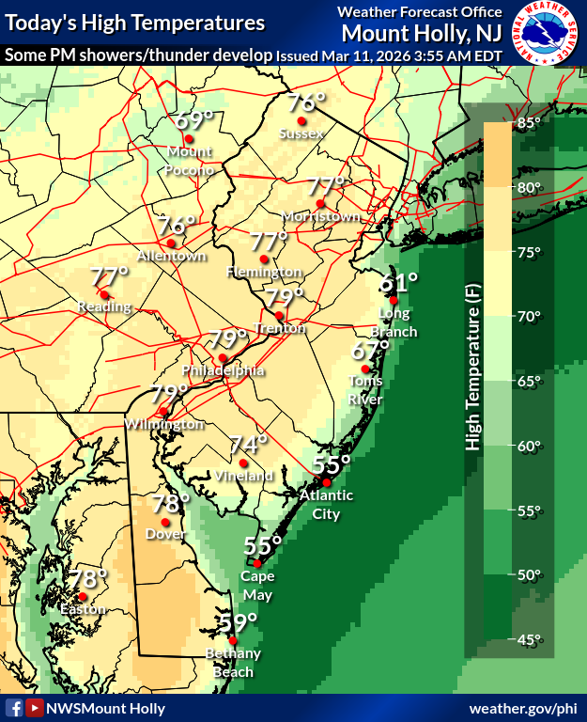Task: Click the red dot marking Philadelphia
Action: [x=222, y=358]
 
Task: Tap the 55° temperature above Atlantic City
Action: [x=332, y=464]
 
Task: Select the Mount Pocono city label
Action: [x=190, y=161]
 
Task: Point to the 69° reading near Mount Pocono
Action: [x=194, y=120]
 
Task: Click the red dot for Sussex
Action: [x=301, y=121]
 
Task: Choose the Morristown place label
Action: [x=321, y=216]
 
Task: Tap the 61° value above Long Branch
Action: [x=398, y=281]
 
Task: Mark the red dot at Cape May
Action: [x=257, y=564]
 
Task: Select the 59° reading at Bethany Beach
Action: [x=238, y=623]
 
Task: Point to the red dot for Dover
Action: [x=165, y=523]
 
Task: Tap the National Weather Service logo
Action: [x=546, y=32]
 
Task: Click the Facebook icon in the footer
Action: [x=14, y=708]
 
